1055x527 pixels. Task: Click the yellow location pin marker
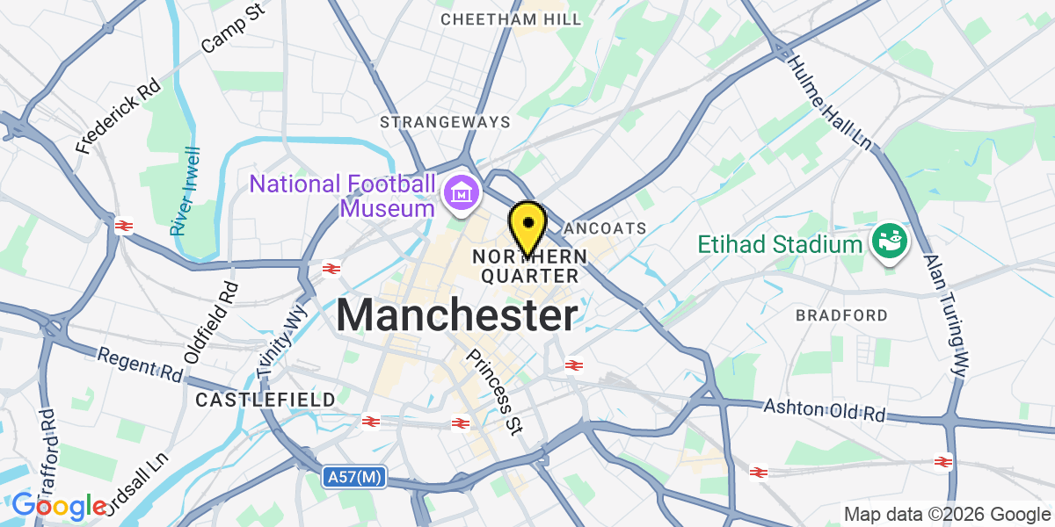(527, 225)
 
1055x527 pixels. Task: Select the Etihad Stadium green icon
(889, 242)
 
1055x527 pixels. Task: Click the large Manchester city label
(457, 314)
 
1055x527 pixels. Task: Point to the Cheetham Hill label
(511, 18)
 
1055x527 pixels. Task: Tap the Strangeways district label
(445, 121)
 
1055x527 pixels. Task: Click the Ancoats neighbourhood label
(605, 228)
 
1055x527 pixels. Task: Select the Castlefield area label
(266, 400)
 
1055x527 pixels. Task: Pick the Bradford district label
(841, 314)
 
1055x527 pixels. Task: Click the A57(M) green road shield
(354, 477)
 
